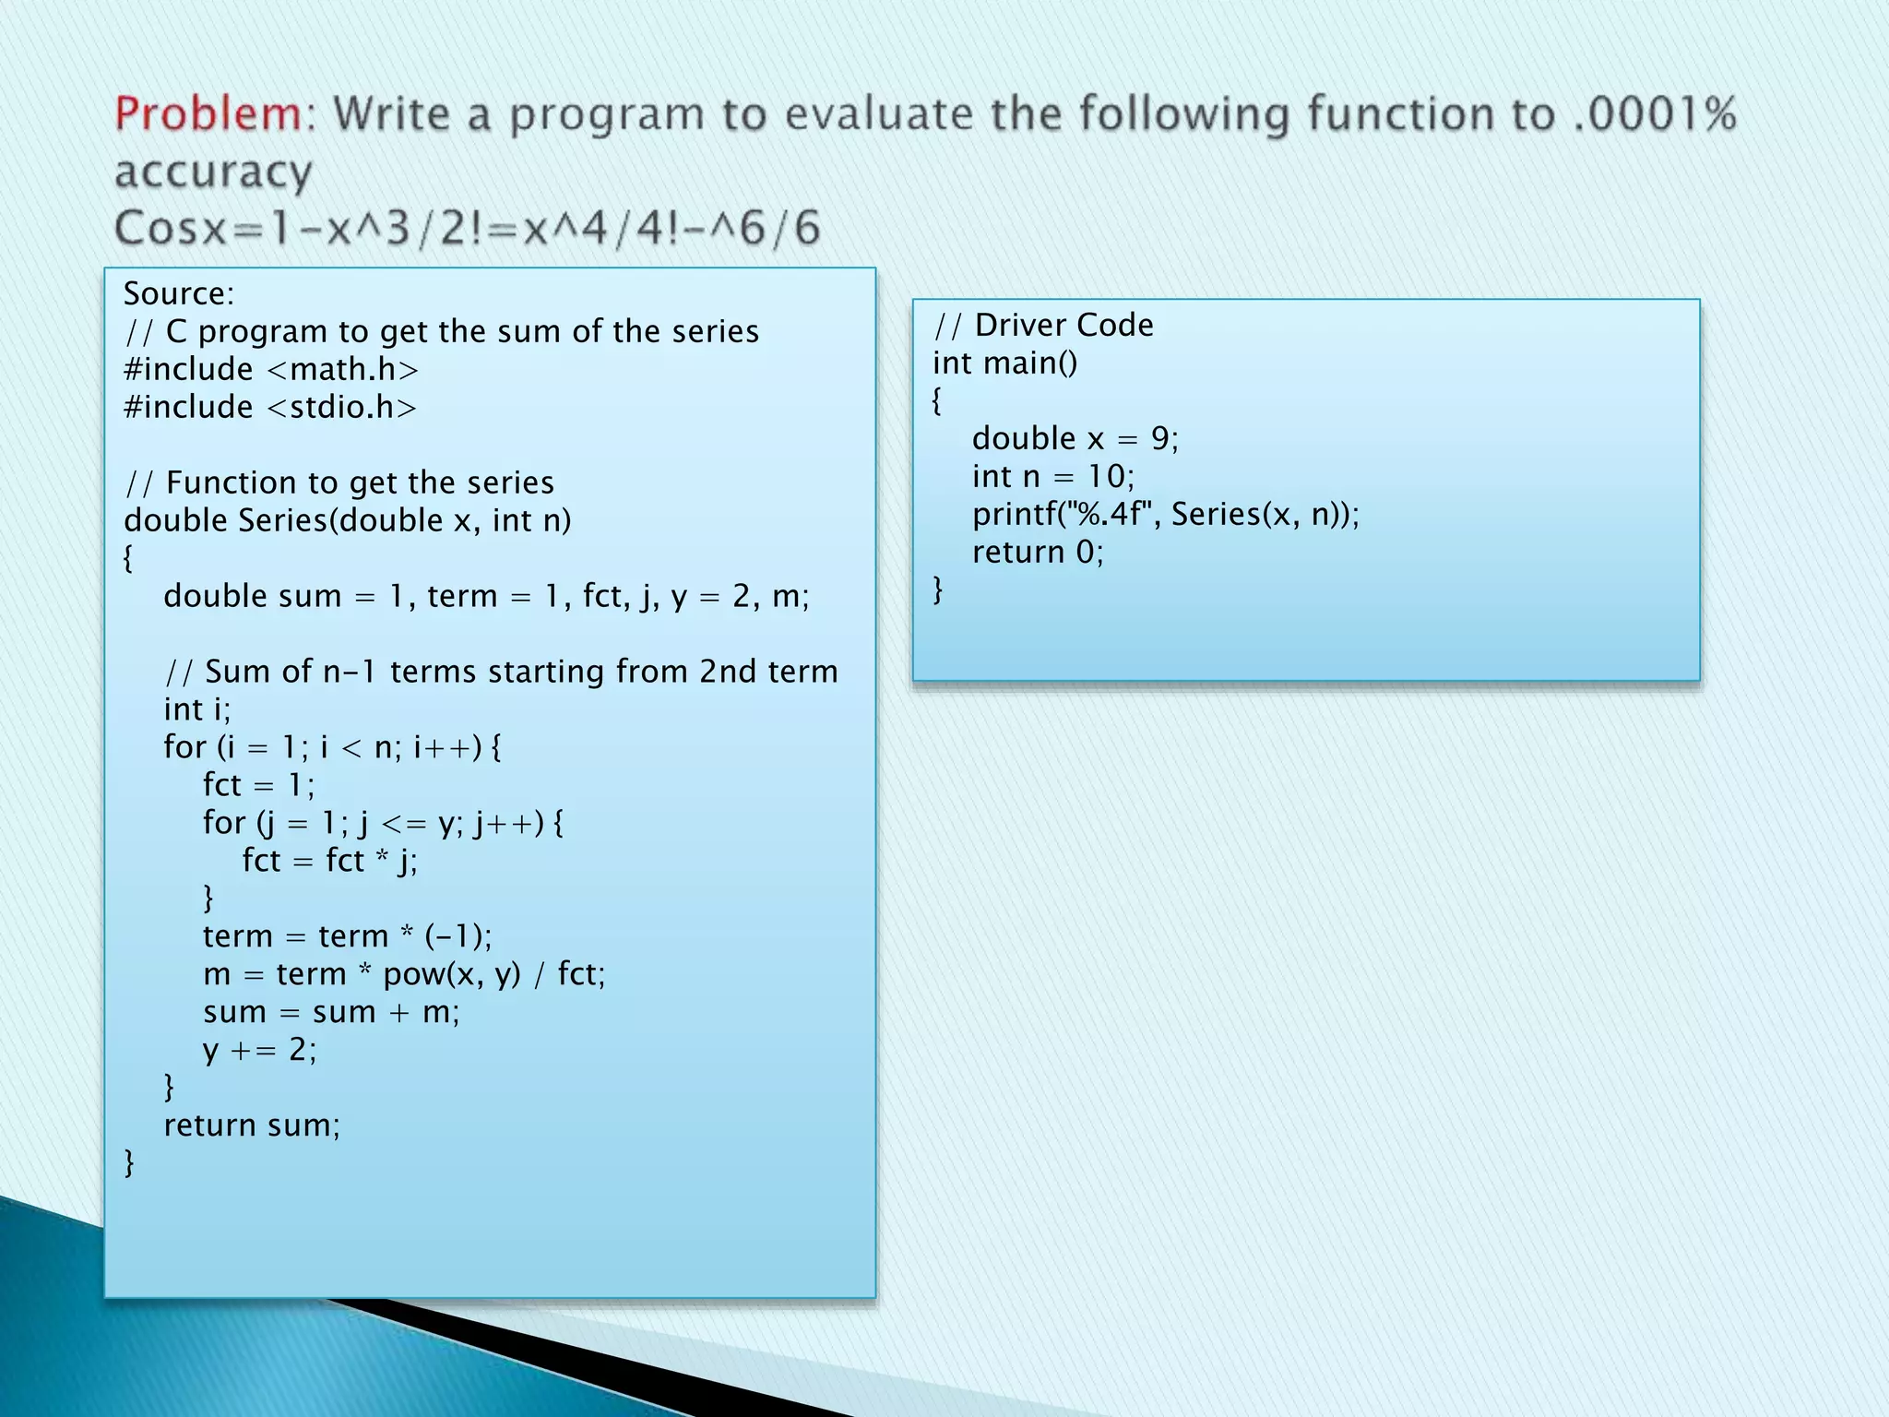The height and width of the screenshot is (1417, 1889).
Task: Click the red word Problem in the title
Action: click(208, 115)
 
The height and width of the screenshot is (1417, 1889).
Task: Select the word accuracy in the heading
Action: click(213, 173)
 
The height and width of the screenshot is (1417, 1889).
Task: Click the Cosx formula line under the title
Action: click(467, 228)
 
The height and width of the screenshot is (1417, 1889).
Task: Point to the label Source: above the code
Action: click(179, 293)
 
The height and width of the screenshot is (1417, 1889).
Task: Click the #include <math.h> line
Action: click(271, 369)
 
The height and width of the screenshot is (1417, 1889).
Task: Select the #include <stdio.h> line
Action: click(270, 407)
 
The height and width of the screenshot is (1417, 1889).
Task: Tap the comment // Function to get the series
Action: click(339, 482)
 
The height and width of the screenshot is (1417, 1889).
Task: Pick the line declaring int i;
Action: click(197, 709)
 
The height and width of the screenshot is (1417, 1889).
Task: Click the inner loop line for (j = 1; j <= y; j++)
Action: click(383, 822)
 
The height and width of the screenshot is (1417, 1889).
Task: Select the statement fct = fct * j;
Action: click(329, 861)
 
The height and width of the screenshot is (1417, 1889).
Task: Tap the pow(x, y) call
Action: click(452, 974)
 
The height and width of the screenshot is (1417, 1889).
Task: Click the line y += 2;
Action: click(259, 1050)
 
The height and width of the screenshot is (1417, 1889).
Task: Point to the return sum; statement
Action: click(252, 1125)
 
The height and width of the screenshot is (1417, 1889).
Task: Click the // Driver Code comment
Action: click(1043, 325)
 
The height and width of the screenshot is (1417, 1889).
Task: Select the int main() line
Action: click(1004, 363)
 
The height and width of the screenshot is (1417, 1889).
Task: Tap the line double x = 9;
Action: click(1075, 438)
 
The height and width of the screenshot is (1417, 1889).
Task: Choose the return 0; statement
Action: click(1038, 552)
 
